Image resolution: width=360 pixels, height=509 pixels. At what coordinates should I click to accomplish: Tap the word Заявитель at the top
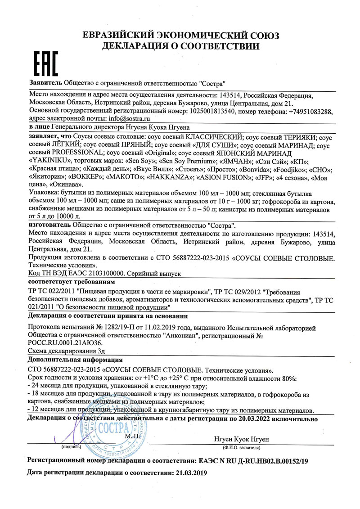pos(45,83)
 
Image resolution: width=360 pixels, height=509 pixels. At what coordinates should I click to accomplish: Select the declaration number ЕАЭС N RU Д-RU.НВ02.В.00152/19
pos(253,461)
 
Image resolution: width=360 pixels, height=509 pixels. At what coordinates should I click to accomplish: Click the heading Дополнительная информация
pos(75,360)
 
